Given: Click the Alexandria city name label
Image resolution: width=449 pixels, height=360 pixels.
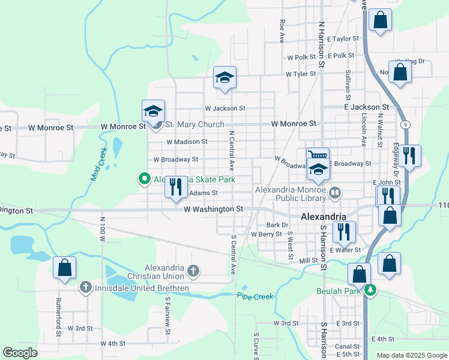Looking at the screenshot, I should pos(323,217).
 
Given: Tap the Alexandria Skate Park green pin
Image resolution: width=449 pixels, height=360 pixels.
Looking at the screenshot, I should pos(144,179).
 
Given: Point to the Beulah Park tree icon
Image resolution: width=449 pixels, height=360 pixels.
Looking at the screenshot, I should pos(371,290).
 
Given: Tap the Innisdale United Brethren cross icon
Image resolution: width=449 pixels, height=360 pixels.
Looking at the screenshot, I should pos(86,288).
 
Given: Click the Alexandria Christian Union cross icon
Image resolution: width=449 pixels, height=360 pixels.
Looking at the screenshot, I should pos(193,272).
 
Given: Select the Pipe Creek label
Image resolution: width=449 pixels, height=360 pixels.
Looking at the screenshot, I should pos(255,296).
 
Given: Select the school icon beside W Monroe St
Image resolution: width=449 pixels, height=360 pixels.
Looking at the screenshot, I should pos(153,110).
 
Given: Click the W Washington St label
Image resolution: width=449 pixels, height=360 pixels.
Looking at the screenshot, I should pos(213,209).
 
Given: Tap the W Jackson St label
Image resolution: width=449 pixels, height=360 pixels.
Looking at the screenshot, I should pos(225,109).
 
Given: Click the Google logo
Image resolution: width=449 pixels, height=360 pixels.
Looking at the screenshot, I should pos(20,353).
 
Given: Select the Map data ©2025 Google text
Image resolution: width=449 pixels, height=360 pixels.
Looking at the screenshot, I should pos(412,355).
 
